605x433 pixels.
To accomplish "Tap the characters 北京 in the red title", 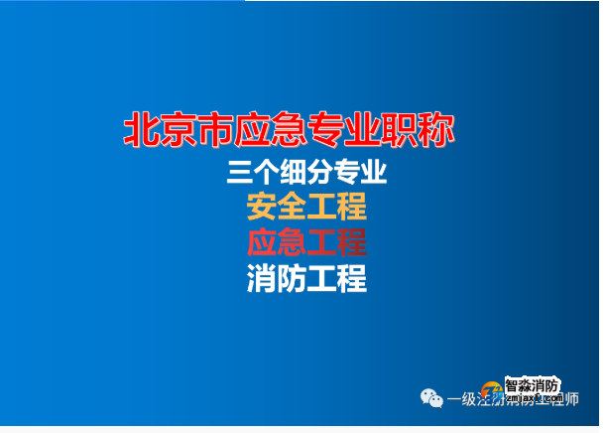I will point(157,130).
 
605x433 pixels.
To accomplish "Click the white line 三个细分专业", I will point(306,174).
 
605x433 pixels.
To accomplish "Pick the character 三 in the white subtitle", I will point(241,174).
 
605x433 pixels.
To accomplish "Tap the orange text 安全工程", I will point(306,208).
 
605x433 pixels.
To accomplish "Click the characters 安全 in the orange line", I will point(277,208).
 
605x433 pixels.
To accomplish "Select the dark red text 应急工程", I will point(306,242).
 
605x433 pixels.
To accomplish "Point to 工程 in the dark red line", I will point(337,242).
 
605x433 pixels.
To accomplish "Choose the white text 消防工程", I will point(306,278).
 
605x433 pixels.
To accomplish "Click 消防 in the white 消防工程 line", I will point(277,278).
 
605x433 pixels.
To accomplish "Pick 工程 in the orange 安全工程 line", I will point(337,208).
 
